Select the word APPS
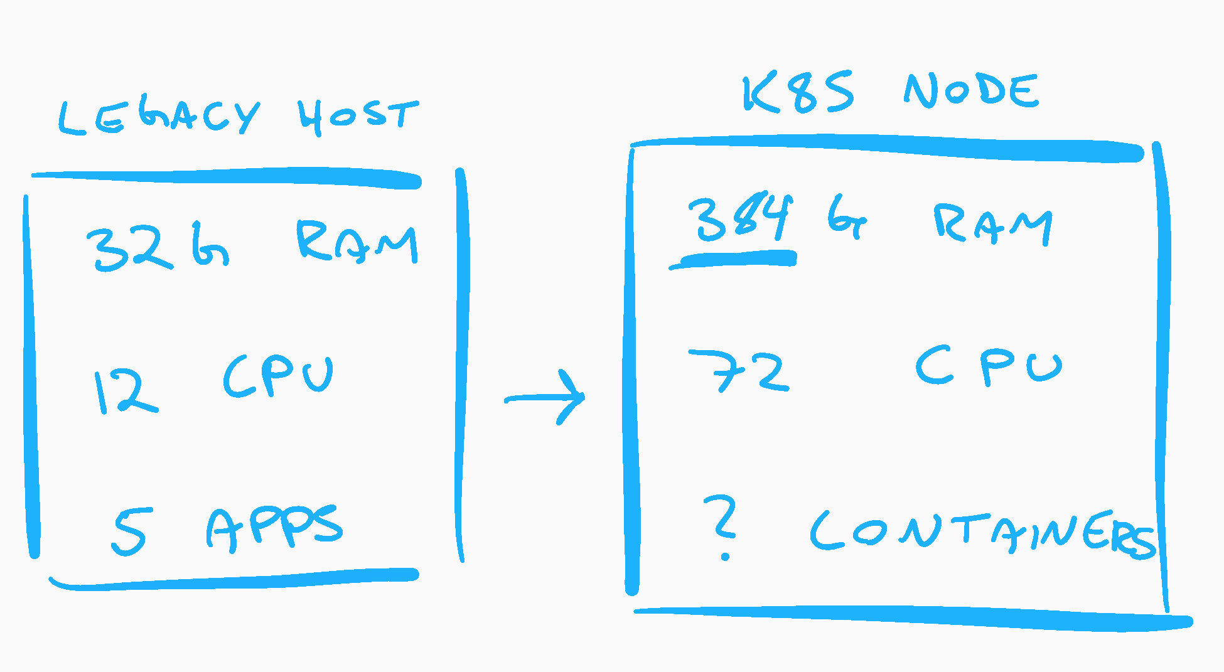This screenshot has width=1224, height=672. [x=274, y=529]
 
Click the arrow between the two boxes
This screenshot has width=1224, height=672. [x=545, y=397]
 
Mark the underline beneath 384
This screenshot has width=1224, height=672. [x=733, y=259]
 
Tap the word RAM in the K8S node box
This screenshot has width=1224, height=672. [x=992, y=224]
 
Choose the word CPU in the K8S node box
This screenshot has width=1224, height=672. [x=988, y=366]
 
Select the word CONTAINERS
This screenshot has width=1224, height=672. [x=982, y=533]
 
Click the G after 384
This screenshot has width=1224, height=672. [x=846, y=216]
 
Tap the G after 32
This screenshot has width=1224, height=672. [x=210, y=245]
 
